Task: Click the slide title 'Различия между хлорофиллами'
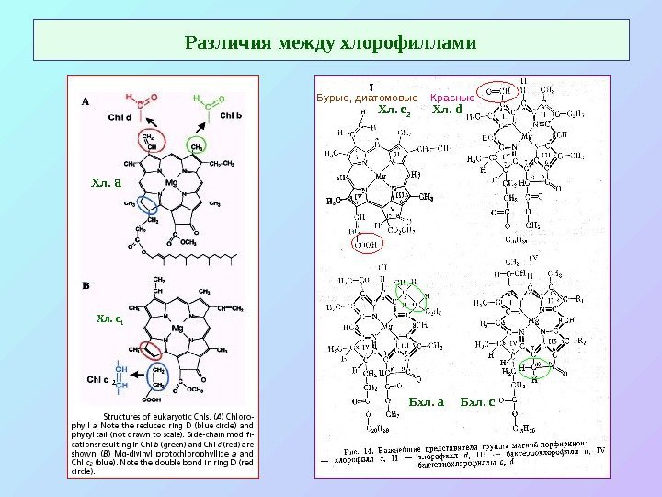point(331,42)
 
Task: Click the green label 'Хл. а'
point(107,181)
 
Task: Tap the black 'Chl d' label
point(120,117)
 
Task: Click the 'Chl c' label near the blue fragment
point(99,378)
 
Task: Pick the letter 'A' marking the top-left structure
point(86,102)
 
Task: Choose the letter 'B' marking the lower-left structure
point(86,285)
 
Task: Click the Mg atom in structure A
point(171,184)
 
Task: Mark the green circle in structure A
point(196,146)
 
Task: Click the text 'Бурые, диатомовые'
point(367,97)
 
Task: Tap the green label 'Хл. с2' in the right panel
point(394,111)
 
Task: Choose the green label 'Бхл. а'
point(426,402)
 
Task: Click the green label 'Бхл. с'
point(477,402)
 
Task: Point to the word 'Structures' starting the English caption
point(126,414)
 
